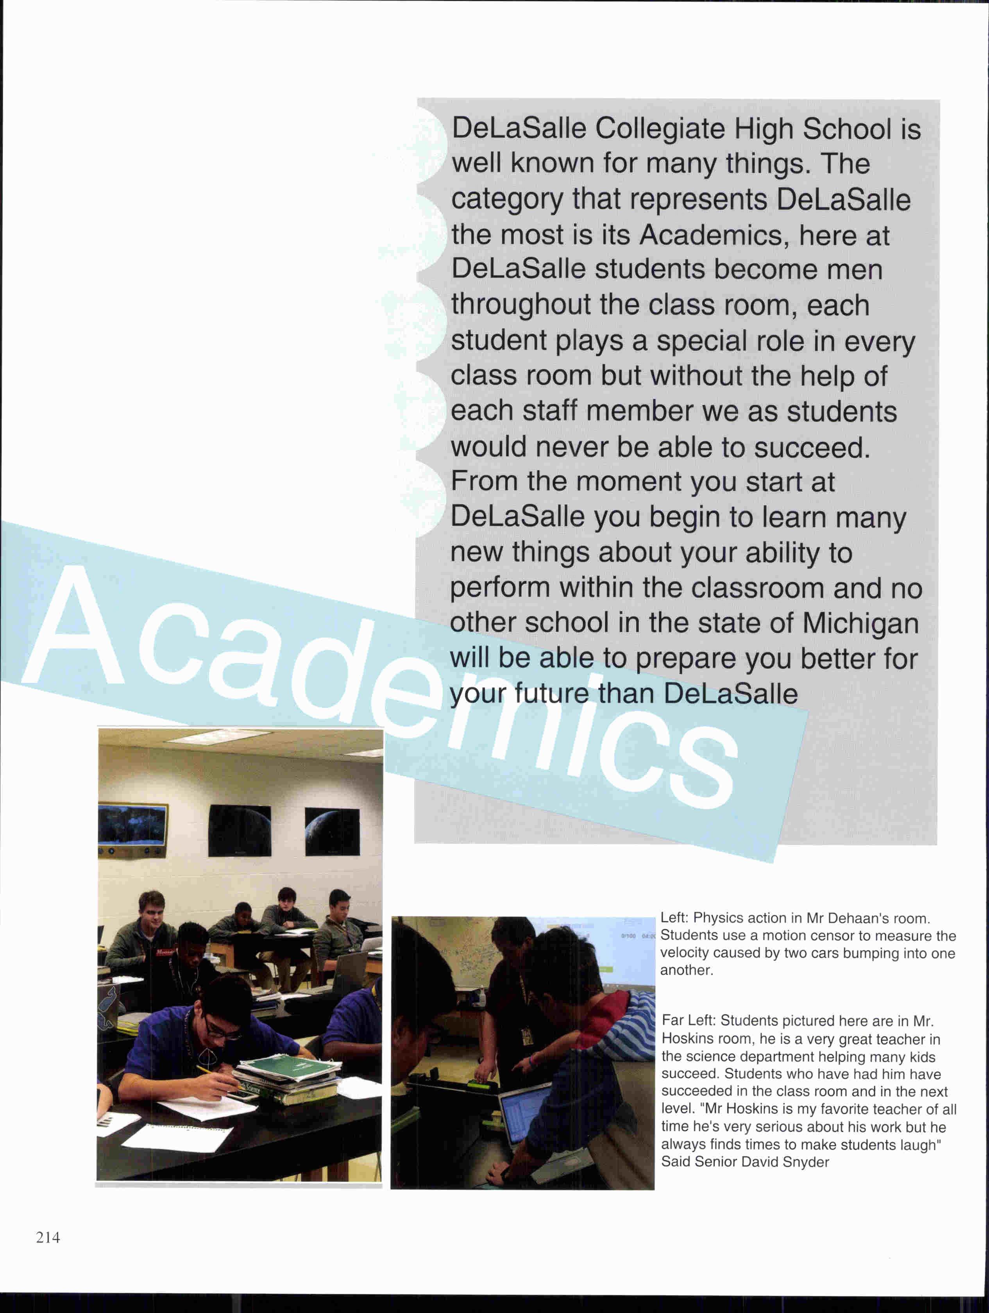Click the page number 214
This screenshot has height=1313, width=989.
48,1238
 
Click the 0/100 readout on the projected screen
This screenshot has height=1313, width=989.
628,936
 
